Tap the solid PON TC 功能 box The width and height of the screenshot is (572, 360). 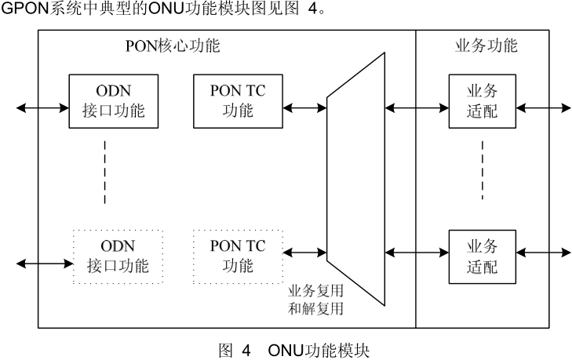[238, 100]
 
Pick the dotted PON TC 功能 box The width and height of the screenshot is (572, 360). [238, 256]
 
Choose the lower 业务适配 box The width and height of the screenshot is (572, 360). [481, 256]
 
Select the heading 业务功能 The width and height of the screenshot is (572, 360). [486, 45]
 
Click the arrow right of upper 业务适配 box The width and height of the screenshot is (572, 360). [543, 107]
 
